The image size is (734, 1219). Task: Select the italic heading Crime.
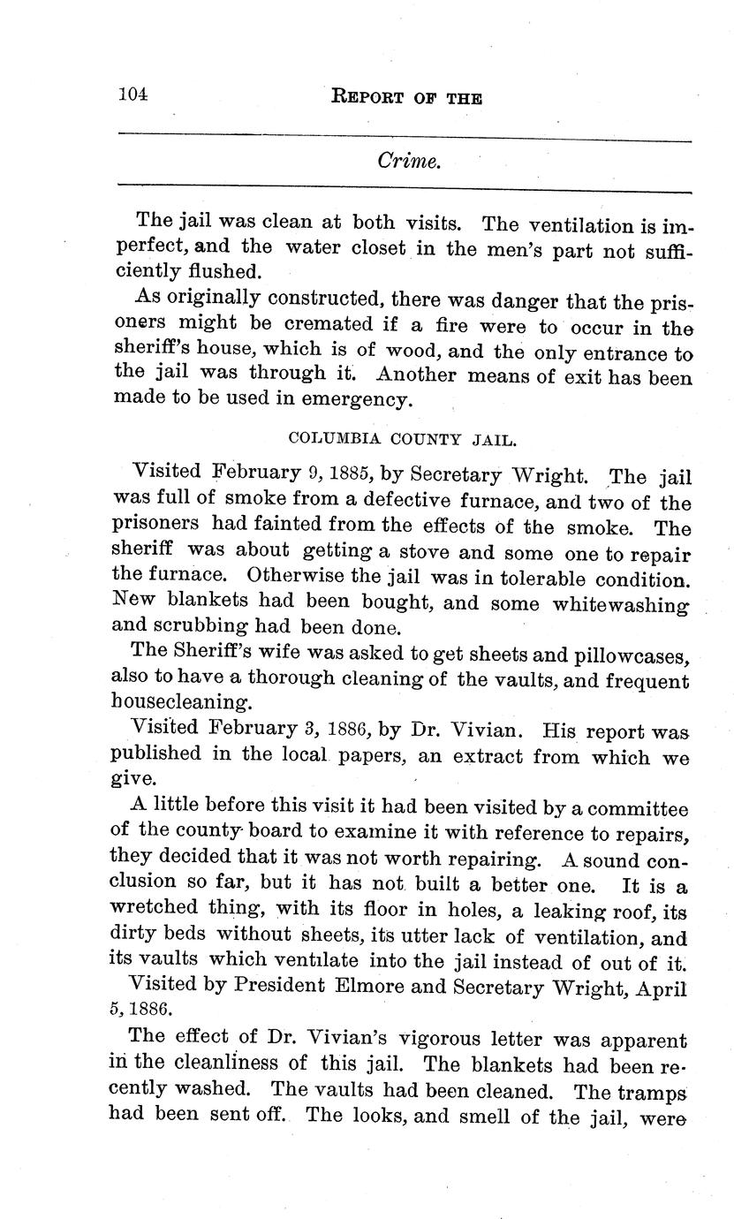pyautogui.click(x=408, y=161)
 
